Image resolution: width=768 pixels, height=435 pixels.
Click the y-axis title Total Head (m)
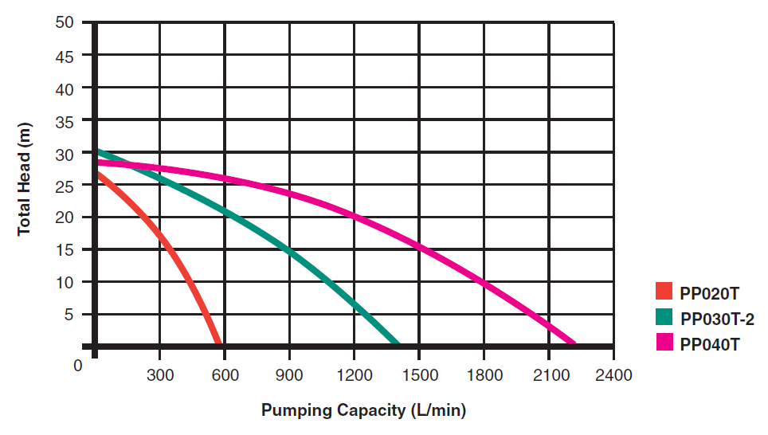click(x=24, y=182)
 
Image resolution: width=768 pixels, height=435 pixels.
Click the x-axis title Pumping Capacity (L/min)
click(x=363, y=411)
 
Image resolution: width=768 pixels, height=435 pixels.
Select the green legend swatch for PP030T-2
click(x=664, y=317)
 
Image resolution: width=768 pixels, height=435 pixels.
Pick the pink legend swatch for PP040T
click(x=664, y=343)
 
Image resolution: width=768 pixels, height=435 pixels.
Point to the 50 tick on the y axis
click(x=66, y=23)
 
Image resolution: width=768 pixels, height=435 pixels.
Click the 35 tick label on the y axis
click(x=66, y=121)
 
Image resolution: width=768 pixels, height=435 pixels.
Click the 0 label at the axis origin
click(x=77, y=366)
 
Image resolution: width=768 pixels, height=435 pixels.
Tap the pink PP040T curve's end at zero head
click(x=572, y=343)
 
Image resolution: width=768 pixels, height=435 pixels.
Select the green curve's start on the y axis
click(x=97, y=151)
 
